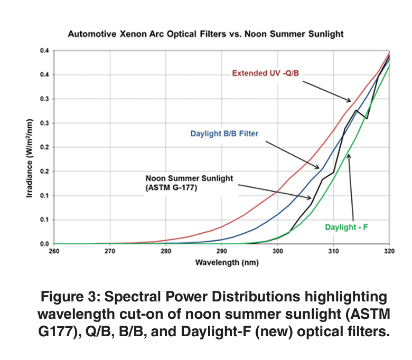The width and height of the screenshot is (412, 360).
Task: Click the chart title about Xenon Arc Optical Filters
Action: (205, 34)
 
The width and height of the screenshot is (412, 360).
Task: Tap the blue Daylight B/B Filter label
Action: (224, 134)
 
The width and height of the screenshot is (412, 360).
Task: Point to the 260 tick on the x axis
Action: (54, 252)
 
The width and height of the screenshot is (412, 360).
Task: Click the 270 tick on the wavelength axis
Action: (110, 252)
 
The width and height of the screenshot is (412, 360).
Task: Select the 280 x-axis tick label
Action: (166, 252)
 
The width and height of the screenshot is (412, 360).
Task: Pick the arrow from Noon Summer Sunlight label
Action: (275, 191)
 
